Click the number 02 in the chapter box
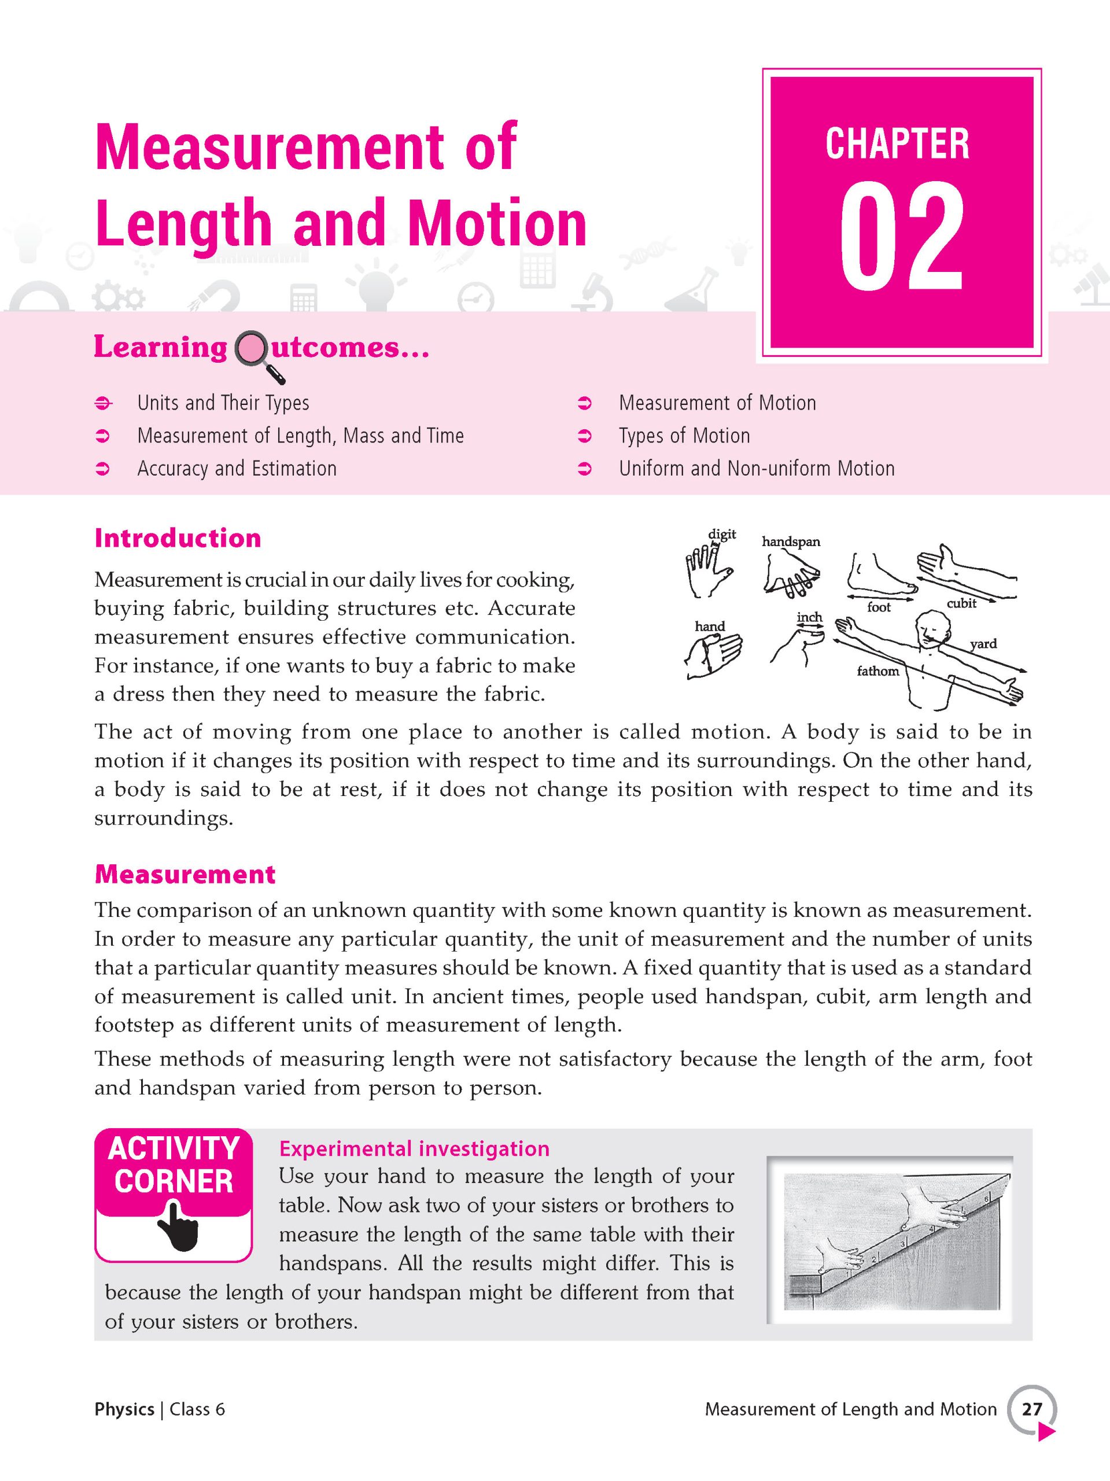901,238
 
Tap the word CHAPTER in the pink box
897,144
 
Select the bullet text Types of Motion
684,436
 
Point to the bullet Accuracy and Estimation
237,469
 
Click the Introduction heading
178,538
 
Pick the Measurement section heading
185,874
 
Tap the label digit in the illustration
722,535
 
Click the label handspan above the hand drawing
791,541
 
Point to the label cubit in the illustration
961,603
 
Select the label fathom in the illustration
877,671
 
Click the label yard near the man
983,643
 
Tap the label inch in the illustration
809,617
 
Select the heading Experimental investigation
414,1149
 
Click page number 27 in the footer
1032,1409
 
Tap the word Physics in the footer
124,1409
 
